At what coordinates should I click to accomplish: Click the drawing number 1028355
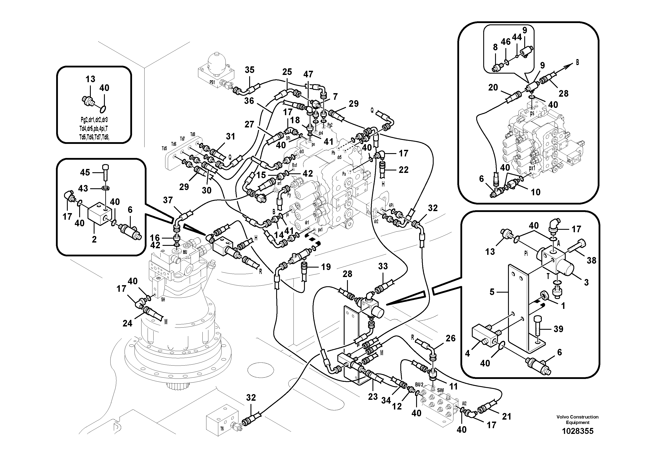(x=577, y=431)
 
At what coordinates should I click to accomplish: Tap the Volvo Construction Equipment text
(x=577, y=420)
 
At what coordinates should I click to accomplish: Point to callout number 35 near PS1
(x=249, y=70)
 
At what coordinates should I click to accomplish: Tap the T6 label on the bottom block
(x=222, y=428)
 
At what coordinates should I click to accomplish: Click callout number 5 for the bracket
(x=492, y=292)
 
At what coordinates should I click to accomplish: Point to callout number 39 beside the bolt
(x=558, y=329)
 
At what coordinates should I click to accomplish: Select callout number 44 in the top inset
(x=517, y=37)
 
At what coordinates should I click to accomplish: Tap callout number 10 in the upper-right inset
(x=536, y=192)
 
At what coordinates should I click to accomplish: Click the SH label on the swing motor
(x=163, y=300)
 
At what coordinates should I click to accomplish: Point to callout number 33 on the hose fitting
(x=383, y=266)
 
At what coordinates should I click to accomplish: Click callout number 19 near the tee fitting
(x=326, y=267)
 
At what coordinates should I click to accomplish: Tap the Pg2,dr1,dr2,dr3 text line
(x=94, y=120)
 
